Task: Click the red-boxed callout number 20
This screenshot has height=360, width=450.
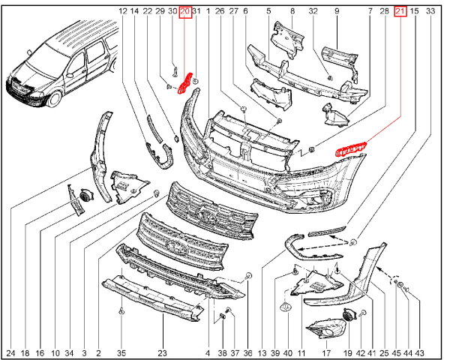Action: [x=185, y=12]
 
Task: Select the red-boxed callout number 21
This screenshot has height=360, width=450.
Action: [x=400, y=12]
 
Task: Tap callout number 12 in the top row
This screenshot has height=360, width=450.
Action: [x=123, y=11]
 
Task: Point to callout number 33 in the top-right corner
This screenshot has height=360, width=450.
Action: [x=430, y=11]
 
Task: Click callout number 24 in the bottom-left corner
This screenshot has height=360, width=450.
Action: [x=11, y=352]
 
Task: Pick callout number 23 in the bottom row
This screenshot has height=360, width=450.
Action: [x=163, y=352]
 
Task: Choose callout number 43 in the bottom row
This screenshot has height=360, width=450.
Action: [x=419, y=352]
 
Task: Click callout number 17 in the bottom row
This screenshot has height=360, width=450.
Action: [x=326, y=352]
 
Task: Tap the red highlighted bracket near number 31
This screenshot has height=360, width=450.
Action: [x=184, y=83]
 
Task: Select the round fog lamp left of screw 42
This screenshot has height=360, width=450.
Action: [x=349, y=315]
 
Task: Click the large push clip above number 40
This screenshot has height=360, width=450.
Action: [x=286, y=307]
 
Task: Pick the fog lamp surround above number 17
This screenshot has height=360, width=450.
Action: [x=326, y=329]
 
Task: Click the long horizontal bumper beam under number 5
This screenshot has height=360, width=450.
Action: [x=307, y=75]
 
